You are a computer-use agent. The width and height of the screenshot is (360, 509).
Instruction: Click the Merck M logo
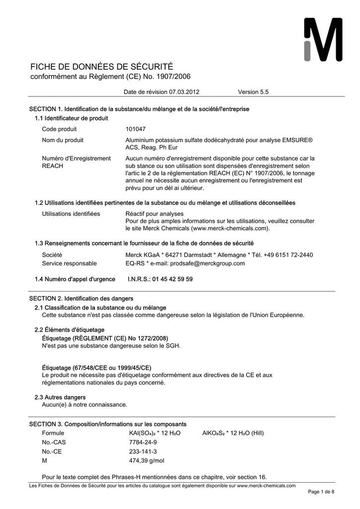(323, 40)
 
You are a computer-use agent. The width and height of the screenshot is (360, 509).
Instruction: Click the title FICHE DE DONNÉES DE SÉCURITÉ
(102, 67)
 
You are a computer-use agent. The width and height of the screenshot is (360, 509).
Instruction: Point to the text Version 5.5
(253, 92)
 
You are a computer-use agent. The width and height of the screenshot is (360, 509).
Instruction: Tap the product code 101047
(135, 129)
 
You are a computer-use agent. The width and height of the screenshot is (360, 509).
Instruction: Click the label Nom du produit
(63, 140)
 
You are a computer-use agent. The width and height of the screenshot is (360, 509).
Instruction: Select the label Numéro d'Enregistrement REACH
(76, 162)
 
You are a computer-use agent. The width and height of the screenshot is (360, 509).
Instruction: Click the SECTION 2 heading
(81, 298)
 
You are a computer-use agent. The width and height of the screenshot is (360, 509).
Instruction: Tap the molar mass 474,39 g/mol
(146, 461)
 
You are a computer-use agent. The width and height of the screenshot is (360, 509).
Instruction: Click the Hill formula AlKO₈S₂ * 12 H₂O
(233, 433)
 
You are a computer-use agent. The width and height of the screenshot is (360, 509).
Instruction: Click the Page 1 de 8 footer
(321, 492)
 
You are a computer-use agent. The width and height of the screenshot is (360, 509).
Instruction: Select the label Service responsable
(69, 263)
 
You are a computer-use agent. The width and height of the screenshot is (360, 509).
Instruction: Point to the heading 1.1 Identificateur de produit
(71, 118)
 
